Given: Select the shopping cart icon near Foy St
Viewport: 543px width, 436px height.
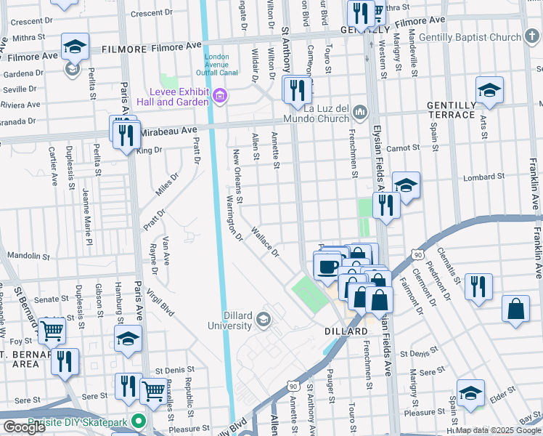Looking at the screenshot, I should click(x=52, y=331).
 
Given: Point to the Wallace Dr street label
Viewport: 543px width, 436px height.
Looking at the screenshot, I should click(x=265, y=243).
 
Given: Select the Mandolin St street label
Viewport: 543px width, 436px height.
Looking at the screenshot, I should click(x=27, y=255).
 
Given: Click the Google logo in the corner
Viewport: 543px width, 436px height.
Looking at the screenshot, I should click(x=24, y=427).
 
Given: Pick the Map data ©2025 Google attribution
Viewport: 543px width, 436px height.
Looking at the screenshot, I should click(x=498, y=430).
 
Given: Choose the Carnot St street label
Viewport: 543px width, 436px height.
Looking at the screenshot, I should click(x=404, y=148).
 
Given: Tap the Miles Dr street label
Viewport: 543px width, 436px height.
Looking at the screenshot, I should click(x=166, y=185).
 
